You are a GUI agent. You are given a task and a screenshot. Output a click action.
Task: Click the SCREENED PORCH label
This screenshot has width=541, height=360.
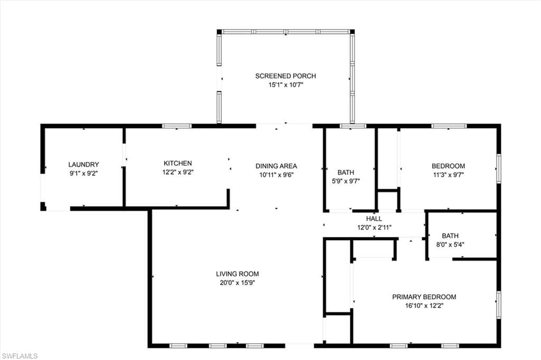point(285,76)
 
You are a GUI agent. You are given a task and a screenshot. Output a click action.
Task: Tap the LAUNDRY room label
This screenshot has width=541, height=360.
point(83,165)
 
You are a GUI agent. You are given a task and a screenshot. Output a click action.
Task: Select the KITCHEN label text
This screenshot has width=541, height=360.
point(178,164)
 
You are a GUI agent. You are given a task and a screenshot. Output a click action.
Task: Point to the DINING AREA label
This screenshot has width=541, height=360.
point(276,166)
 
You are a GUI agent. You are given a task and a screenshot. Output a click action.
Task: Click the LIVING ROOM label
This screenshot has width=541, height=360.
point(237,274)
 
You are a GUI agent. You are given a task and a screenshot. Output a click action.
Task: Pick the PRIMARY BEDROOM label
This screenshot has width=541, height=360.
point(424,297)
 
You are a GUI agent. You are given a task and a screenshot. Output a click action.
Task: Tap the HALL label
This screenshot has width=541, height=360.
point(374,219)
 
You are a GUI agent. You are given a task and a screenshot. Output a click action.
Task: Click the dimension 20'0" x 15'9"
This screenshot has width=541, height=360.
point(237,283)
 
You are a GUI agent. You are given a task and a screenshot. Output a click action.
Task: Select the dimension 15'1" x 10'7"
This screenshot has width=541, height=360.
point(285,84)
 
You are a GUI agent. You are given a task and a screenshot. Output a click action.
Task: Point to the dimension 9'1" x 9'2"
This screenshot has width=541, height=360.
point(83,173)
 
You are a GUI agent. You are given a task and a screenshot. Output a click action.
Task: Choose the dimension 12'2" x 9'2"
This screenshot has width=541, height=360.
point(178,172)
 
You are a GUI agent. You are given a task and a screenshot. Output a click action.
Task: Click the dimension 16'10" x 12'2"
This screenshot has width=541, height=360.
point(424,306)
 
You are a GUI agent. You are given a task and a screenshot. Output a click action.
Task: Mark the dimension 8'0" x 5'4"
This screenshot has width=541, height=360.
point(450,244)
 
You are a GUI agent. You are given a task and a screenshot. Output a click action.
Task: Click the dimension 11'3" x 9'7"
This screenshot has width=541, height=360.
point(448,174)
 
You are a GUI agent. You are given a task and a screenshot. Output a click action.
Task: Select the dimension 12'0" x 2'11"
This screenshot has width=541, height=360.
point(374,227)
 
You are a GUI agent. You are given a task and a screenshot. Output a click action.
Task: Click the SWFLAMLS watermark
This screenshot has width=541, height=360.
point(20,356)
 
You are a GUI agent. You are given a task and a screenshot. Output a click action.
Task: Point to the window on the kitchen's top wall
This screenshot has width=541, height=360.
point(176,126)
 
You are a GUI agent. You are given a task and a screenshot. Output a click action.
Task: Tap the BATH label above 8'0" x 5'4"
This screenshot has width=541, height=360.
point(450,236)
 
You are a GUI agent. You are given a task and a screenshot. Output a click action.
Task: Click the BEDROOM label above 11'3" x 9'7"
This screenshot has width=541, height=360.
point(448,166)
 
